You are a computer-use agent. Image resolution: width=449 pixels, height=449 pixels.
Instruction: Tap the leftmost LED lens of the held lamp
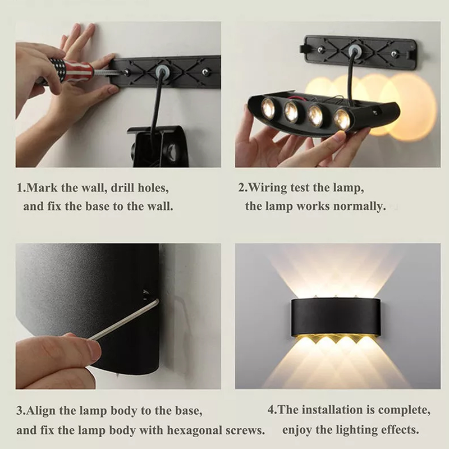pos(267,106)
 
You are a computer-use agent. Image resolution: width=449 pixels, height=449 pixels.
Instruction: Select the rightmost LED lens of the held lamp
pos(343,118)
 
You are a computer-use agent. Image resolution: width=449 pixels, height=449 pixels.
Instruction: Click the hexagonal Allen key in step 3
pos(123,319)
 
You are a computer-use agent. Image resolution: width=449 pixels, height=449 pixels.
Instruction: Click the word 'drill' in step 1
pos(122,188)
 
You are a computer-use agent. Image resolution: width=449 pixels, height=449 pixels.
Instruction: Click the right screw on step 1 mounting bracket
pos(205,71)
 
